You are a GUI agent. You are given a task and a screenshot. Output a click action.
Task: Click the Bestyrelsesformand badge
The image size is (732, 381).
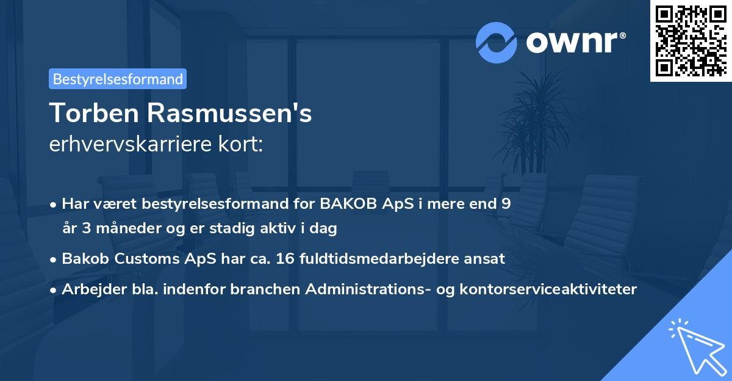click(118, 79)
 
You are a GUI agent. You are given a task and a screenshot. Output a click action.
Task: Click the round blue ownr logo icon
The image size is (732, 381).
click(497, 43)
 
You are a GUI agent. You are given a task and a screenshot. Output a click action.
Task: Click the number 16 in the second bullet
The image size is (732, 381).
click(285, 258)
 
